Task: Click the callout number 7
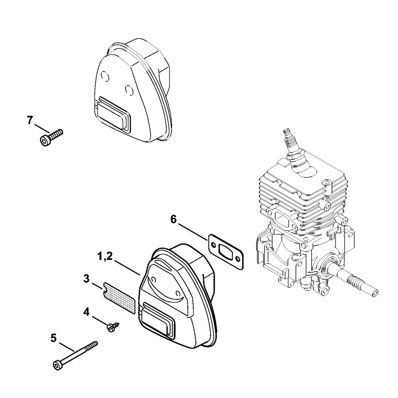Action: click(29, 120)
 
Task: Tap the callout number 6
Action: click(173, 219)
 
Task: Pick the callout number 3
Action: click(86, 278)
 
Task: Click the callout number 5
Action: click(54, 338)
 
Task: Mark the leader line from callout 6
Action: click(194, 232)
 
